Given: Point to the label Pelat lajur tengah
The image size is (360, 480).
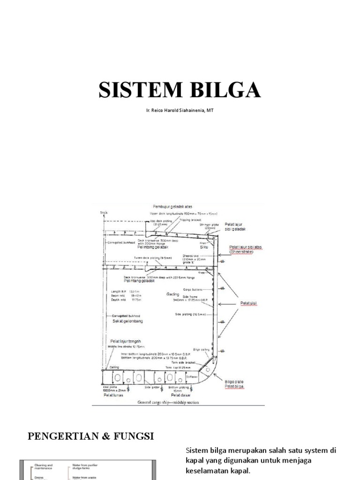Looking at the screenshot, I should [126, 341].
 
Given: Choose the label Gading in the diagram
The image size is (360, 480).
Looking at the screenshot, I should [173, 294].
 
